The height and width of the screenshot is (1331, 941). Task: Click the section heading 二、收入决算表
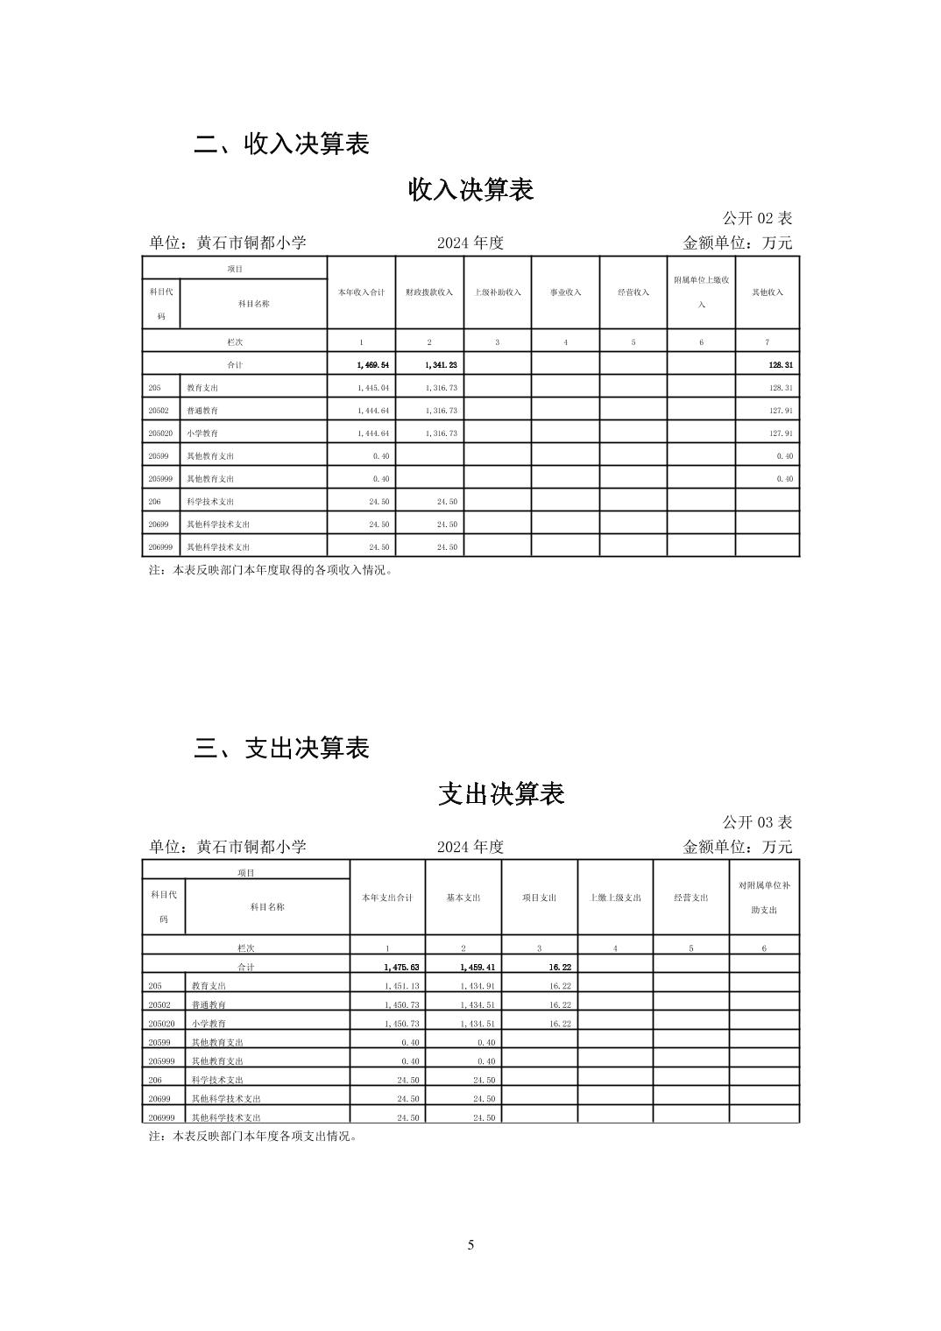pyautogui.click(x=281, y=144)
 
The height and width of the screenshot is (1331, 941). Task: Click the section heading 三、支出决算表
pyautogui.click(x=281, y=749)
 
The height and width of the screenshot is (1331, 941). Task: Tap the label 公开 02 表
pyautogui.click(x=757, y=218)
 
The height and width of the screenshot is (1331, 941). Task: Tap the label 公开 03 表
pyautogui.click(x=757, y=822)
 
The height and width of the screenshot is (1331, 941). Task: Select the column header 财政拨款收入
pyautogui.click(x=429, y=292)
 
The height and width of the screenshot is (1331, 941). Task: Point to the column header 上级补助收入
pyautogui.click(x=497, y=292)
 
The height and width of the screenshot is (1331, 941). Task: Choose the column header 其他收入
pyautogui.click(x=768, y=292)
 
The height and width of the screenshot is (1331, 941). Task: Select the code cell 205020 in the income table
pyautogui.click(x=160, y=433)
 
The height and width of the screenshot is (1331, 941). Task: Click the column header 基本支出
pyautogui.click(x=463, y=898)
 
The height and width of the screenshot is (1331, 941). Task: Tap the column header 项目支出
pyautogui.click(x=540, y=898)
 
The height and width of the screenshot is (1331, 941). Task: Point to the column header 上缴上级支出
pyautogui.click(x=616, y=898)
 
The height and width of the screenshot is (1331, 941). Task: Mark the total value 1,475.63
pyautogui.click(x=401, y=968)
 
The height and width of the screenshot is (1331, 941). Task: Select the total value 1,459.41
pyautogui.click(x=478, y=968)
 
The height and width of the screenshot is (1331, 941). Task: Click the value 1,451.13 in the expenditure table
pyautogui.click(x=402, y=986)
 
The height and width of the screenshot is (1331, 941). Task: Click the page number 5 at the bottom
pyautogui.click(x=470, y=1245)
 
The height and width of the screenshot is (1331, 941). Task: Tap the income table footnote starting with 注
pyautogui.click(x=272, y=570)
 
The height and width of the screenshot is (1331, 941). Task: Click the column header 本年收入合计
pyautogui.click(x=361, y=292)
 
